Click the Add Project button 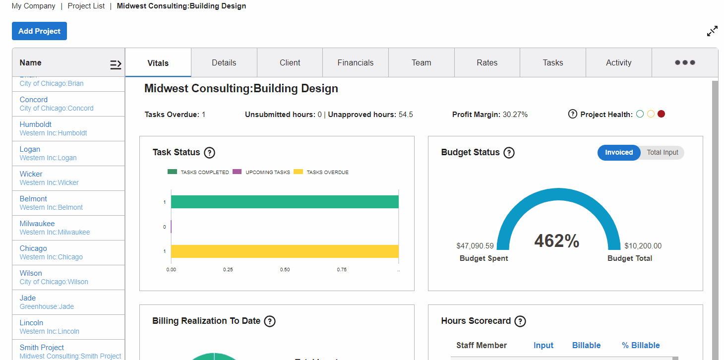coord(39,31)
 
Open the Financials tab coord(355,62)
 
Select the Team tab coord(421,62)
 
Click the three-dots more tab coord(685,62)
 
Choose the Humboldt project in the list coord(36,124)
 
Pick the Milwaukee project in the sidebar coord(37,224)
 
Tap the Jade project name coord(28,298)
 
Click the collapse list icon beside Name coord(116,64)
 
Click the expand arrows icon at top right coord(712,31)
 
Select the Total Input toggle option coord(662,153)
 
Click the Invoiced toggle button coord(618,153)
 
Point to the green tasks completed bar coord(285,202)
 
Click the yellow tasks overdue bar coord(285,251)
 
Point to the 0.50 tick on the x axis coord(285,270)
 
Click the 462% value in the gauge coord(556,241)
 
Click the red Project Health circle coord(661,114)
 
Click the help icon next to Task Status coord(209,153)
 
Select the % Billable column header coord(641,346)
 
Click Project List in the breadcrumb coord(86,6)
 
